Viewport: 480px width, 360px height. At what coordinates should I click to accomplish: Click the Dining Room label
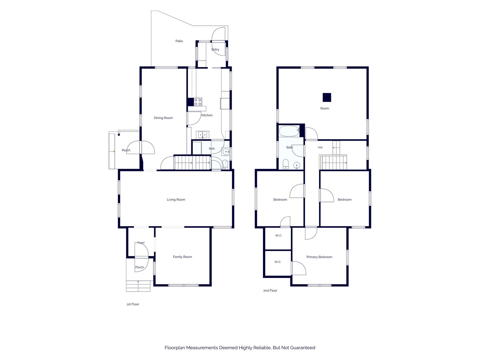(x=163, y=118)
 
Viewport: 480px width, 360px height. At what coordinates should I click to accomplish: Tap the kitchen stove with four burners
(x=198, y=102)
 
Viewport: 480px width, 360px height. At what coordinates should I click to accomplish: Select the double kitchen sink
(x=202, y=135)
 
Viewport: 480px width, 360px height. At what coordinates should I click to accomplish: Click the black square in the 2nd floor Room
(x=327, y=97)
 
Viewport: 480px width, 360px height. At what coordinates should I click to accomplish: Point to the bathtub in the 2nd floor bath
(x=289, y=131)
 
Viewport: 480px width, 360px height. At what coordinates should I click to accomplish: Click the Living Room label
(x=176, y=200)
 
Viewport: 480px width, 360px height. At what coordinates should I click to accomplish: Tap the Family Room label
(x=182, y=257)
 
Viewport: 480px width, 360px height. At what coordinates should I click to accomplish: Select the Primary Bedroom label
(x=319, y=257)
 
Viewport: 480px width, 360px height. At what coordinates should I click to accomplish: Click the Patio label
(x=179, y=41)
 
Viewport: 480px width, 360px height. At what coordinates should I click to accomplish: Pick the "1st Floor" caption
(x=133, y=304)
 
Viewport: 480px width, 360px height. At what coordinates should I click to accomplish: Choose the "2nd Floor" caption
(x=270, y=290)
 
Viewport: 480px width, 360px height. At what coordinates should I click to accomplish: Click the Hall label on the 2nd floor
(x=320, y=148)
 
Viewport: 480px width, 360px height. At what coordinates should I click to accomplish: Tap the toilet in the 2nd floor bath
(x=286, y=164)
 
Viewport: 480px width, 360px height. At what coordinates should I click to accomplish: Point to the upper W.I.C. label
(x=278, y=236)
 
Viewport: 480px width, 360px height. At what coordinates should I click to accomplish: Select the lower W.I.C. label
(x=278, y=262)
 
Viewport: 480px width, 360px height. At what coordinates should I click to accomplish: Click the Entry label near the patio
(x=215, y=50)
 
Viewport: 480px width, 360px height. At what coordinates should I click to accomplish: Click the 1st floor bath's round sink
(x=226, y=151)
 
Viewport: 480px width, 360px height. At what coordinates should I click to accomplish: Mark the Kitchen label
(x=207, y=115)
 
